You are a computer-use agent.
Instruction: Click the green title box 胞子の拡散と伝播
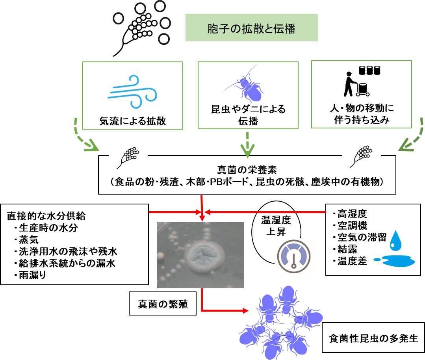[x=251, y=28]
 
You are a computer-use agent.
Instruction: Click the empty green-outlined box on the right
[x=361, y=94]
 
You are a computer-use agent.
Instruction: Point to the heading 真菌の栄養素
[x=247, y=170]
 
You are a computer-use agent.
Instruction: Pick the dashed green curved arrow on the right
[x=412, y=138]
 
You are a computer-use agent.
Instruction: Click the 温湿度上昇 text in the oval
[x=276, y=226]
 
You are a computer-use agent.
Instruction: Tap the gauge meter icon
[x=294, y=257]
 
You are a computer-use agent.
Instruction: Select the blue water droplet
[x=395, y=241]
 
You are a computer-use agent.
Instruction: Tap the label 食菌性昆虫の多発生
[x=373, y=338]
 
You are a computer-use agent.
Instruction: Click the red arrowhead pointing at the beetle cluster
[x=245, y=311]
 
